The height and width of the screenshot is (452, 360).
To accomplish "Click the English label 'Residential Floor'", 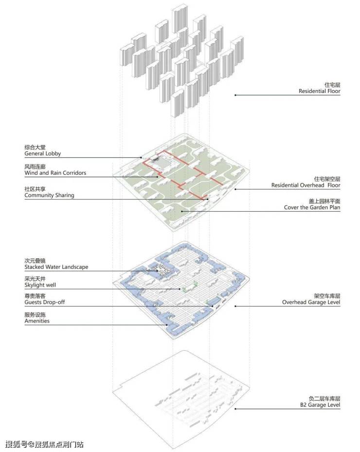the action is tap(319, 91).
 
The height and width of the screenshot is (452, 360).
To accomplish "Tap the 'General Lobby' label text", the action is tap(43, 154).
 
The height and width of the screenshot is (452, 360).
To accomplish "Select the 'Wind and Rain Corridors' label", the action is tap(55, 173).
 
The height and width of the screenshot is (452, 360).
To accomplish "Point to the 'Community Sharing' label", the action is tap(49, 195).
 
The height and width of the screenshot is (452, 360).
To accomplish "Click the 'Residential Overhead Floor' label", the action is tap(306, 185).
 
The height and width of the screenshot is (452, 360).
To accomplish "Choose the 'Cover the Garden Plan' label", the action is tap(312, 207).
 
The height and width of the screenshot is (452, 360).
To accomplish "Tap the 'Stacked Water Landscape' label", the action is tap(56, 267).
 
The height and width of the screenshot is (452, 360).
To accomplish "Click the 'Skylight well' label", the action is tap(40, 285).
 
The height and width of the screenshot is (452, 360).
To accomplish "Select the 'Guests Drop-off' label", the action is tap(45, 302).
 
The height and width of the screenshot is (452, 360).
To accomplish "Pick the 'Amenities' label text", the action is tap(37, 321).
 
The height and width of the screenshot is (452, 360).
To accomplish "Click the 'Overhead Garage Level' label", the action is tap(311, 302).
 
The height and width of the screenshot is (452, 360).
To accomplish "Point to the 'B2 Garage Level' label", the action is tap(320, 405).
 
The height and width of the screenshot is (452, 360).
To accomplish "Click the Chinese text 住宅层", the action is tap(332, 85).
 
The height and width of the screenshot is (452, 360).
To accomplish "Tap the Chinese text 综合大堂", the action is tap(35, 147).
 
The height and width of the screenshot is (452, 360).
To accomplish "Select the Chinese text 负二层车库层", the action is tap(324, 398).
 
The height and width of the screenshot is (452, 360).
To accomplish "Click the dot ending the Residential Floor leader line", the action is tap(235, 95).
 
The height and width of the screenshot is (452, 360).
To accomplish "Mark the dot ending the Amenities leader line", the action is tap(167, 325).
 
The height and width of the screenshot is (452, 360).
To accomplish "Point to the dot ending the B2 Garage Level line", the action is tap(235, 409).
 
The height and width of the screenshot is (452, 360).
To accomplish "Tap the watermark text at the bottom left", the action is tap(44, 444).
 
